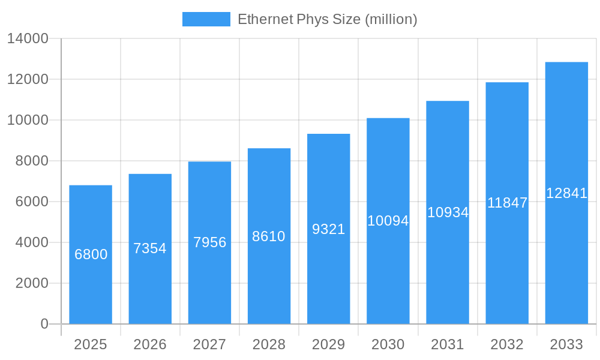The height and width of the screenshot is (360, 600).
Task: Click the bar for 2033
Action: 566,252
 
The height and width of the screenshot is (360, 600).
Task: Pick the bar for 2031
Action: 448,258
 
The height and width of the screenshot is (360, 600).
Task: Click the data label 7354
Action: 150,248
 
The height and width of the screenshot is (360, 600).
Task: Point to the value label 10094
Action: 388,221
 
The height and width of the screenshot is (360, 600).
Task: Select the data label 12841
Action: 566,193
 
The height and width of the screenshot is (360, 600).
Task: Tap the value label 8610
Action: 269,236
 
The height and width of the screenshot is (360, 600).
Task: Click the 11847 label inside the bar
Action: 507,203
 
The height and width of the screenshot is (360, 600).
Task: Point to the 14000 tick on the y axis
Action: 28,39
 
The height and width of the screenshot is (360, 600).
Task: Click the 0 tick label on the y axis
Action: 44,324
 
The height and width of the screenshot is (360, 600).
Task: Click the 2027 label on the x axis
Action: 209,344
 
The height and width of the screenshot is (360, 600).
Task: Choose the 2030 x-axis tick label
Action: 388,344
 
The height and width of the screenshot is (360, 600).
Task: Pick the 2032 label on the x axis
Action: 507,344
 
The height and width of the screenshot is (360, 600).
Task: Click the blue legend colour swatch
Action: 206,19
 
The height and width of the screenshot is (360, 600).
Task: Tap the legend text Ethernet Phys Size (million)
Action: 327,19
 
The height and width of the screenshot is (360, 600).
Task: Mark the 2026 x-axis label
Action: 150,344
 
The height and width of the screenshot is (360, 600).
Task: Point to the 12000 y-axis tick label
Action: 28,79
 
